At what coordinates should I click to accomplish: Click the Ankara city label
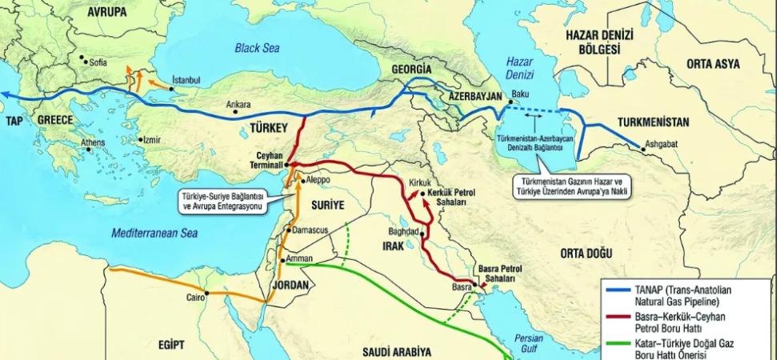coord(239,104)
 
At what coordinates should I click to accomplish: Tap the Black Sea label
coord(257,49)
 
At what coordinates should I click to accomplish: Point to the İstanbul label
coord(186,80)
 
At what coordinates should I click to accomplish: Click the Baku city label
coord(521,94)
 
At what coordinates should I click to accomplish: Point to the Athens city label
coord(92,144)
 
